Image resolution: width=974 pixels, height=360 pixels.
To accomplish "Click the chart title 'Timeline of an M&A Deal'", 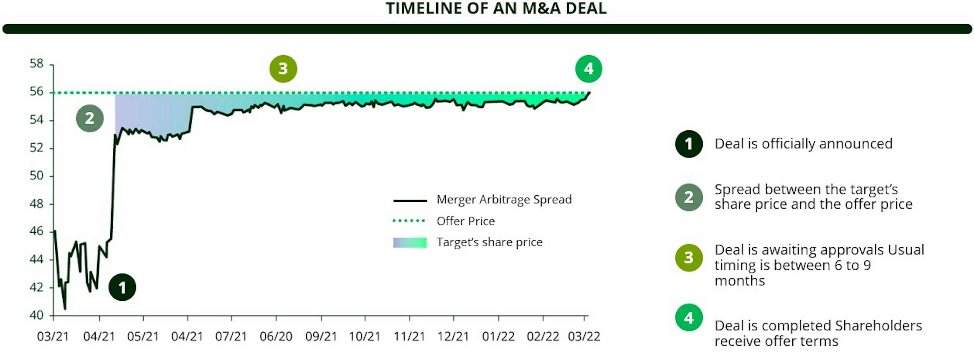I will point(496,8).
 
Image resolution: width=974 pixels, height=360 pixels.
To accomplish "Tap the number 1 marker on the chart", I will point(122,287).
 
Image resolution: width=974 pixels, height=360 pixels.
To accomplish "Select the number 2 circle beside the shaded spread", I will point(90,118).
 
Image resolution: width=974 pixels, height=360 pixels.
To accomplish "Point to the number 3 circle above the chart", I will point(283,69).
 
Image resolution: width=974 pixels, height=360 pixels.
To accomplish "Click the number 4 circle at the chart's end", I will point(588,69).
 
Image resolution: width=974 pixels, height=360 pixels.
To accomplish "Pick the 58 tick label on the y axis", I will point(37,63).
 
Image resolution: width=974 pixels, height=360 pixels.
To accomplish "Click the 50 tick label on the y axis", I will point(37,176).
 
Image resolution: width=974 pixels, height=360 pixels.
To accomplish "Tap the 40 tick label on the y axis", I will point(37,315).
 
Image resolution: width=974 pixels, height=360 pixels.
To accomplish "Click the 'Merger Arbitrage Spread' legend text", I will point(504,200).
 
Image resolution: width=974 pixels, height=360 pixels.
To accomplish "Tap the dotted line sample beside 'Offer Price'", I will point(409,221).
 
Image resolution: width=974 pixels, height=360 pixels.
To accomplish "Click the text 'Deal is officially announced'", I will point(804,144).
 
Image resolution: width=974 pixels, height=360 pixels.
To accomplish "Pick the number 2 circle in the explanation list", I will point(689,197).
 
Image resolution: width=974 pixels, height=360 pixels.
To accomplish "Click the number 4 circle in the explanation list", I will point(689,318).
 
